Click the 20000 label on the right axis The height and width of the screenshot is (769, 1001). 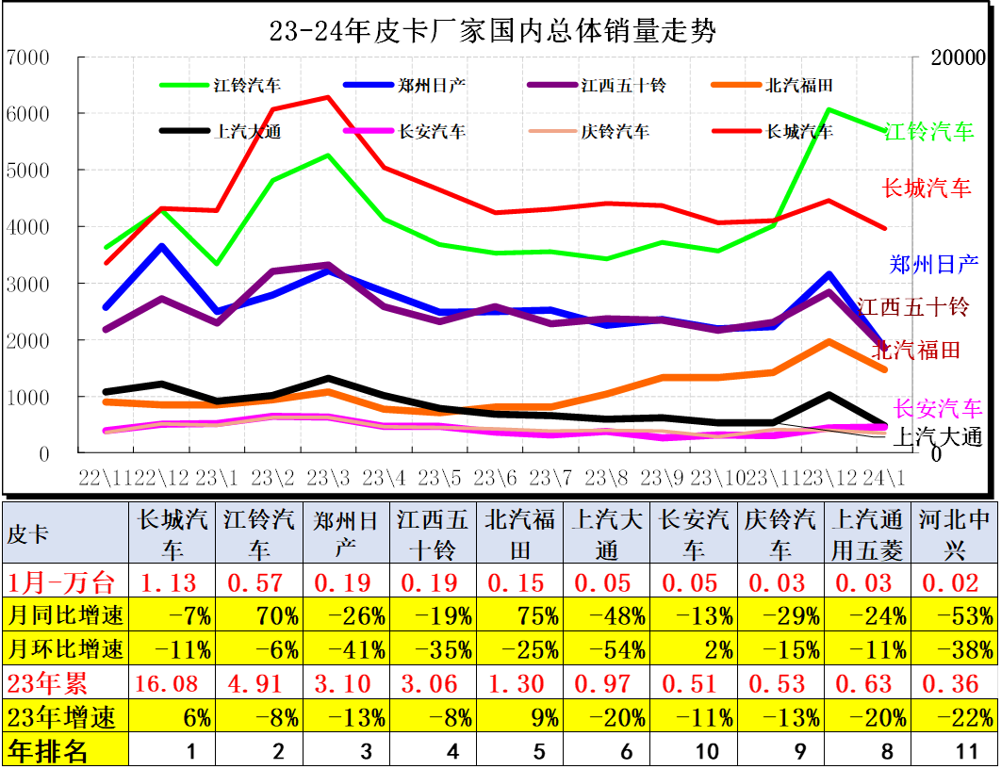(x=958, y=57)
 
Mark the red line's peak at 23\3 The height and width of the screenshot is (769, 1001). (x=327, y=97)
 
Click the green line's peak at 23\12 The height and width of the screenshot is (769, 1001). (x=829, y=110)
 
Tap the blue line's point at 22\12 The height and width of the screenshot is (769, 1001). (x=162, y=247)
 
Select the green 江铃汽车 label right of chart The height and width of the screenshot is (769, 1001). (x=929, y=132)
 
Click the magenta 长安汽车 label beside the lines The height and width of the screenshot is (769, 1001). (x=937, y=408)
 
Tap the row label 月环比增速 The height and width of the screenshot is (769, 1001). (x=65, y=649)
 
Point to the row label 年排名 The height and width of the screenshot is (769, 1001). (x=48, y=751)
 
